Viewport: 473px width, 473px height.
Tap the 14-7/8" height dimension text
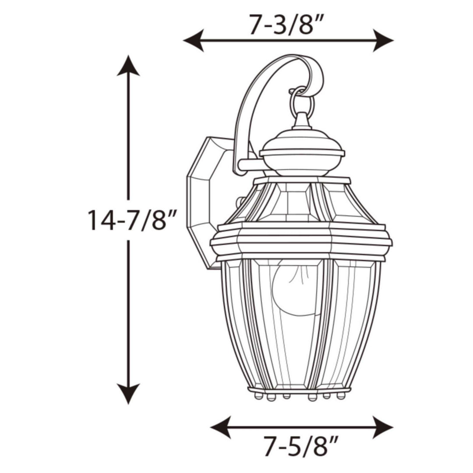(x=132, y=220)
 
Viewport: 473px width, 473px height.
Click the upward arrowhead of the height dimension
(x=128, y=66)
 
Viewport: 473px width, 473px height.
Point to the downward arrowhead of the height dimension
(x=128, y=393)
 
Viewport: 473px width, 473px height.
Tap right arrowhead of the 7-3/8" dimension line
(x=383, y=40)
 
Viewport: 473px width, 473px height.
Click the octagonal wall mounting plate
(x=204, y=201)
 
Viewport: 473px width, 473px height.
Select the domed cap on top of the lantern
(x=302, y=151)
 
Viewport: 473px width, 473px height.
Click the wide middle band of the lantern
(x=301, y=241)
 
